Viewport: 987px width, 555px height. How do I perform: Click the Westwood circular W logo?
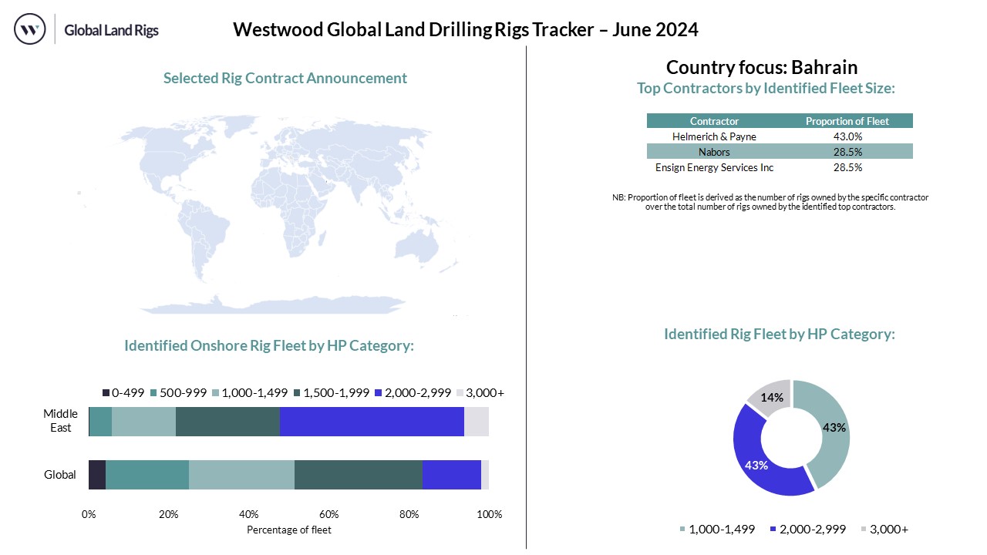[x=30, y=30]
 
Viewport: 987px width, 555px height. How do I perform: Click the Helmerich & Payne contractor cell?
[x=714, y=136]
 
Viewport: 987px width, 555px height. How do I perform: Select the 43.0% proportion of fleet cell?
[x=847, y=136]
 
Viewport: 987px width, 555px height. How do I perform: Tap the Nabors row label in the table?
[x=714, y=152]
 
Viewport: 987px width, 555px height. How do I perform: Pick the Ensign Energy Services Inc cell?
[x=714, y=167]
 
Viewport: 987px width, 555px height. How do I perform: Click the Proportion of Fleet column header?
[x=847, y=121]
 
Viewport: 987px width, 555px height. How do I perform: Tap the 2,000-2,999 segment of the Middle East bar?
[x=372, y=422]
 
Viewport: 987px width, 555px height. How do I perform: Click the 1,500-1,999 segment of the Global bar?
[x=358, y=474]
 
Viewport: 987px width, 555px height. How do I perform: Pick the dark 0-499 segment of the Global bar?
[x=97, y=474]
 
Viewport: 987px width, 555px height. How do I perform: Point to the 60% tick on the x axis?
[x=329, y=514]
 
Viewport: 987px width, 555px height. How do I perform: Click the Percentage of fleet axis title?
[x=288, y=530]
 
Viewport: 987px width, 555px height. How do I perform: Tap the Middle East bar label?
[x=60, y=421]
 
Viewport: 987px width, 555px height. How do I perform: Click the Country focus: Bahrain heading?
[x=761, y=67]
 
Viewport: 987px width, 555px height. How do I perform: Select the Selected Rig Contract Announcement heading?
[x=285, y=78]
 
